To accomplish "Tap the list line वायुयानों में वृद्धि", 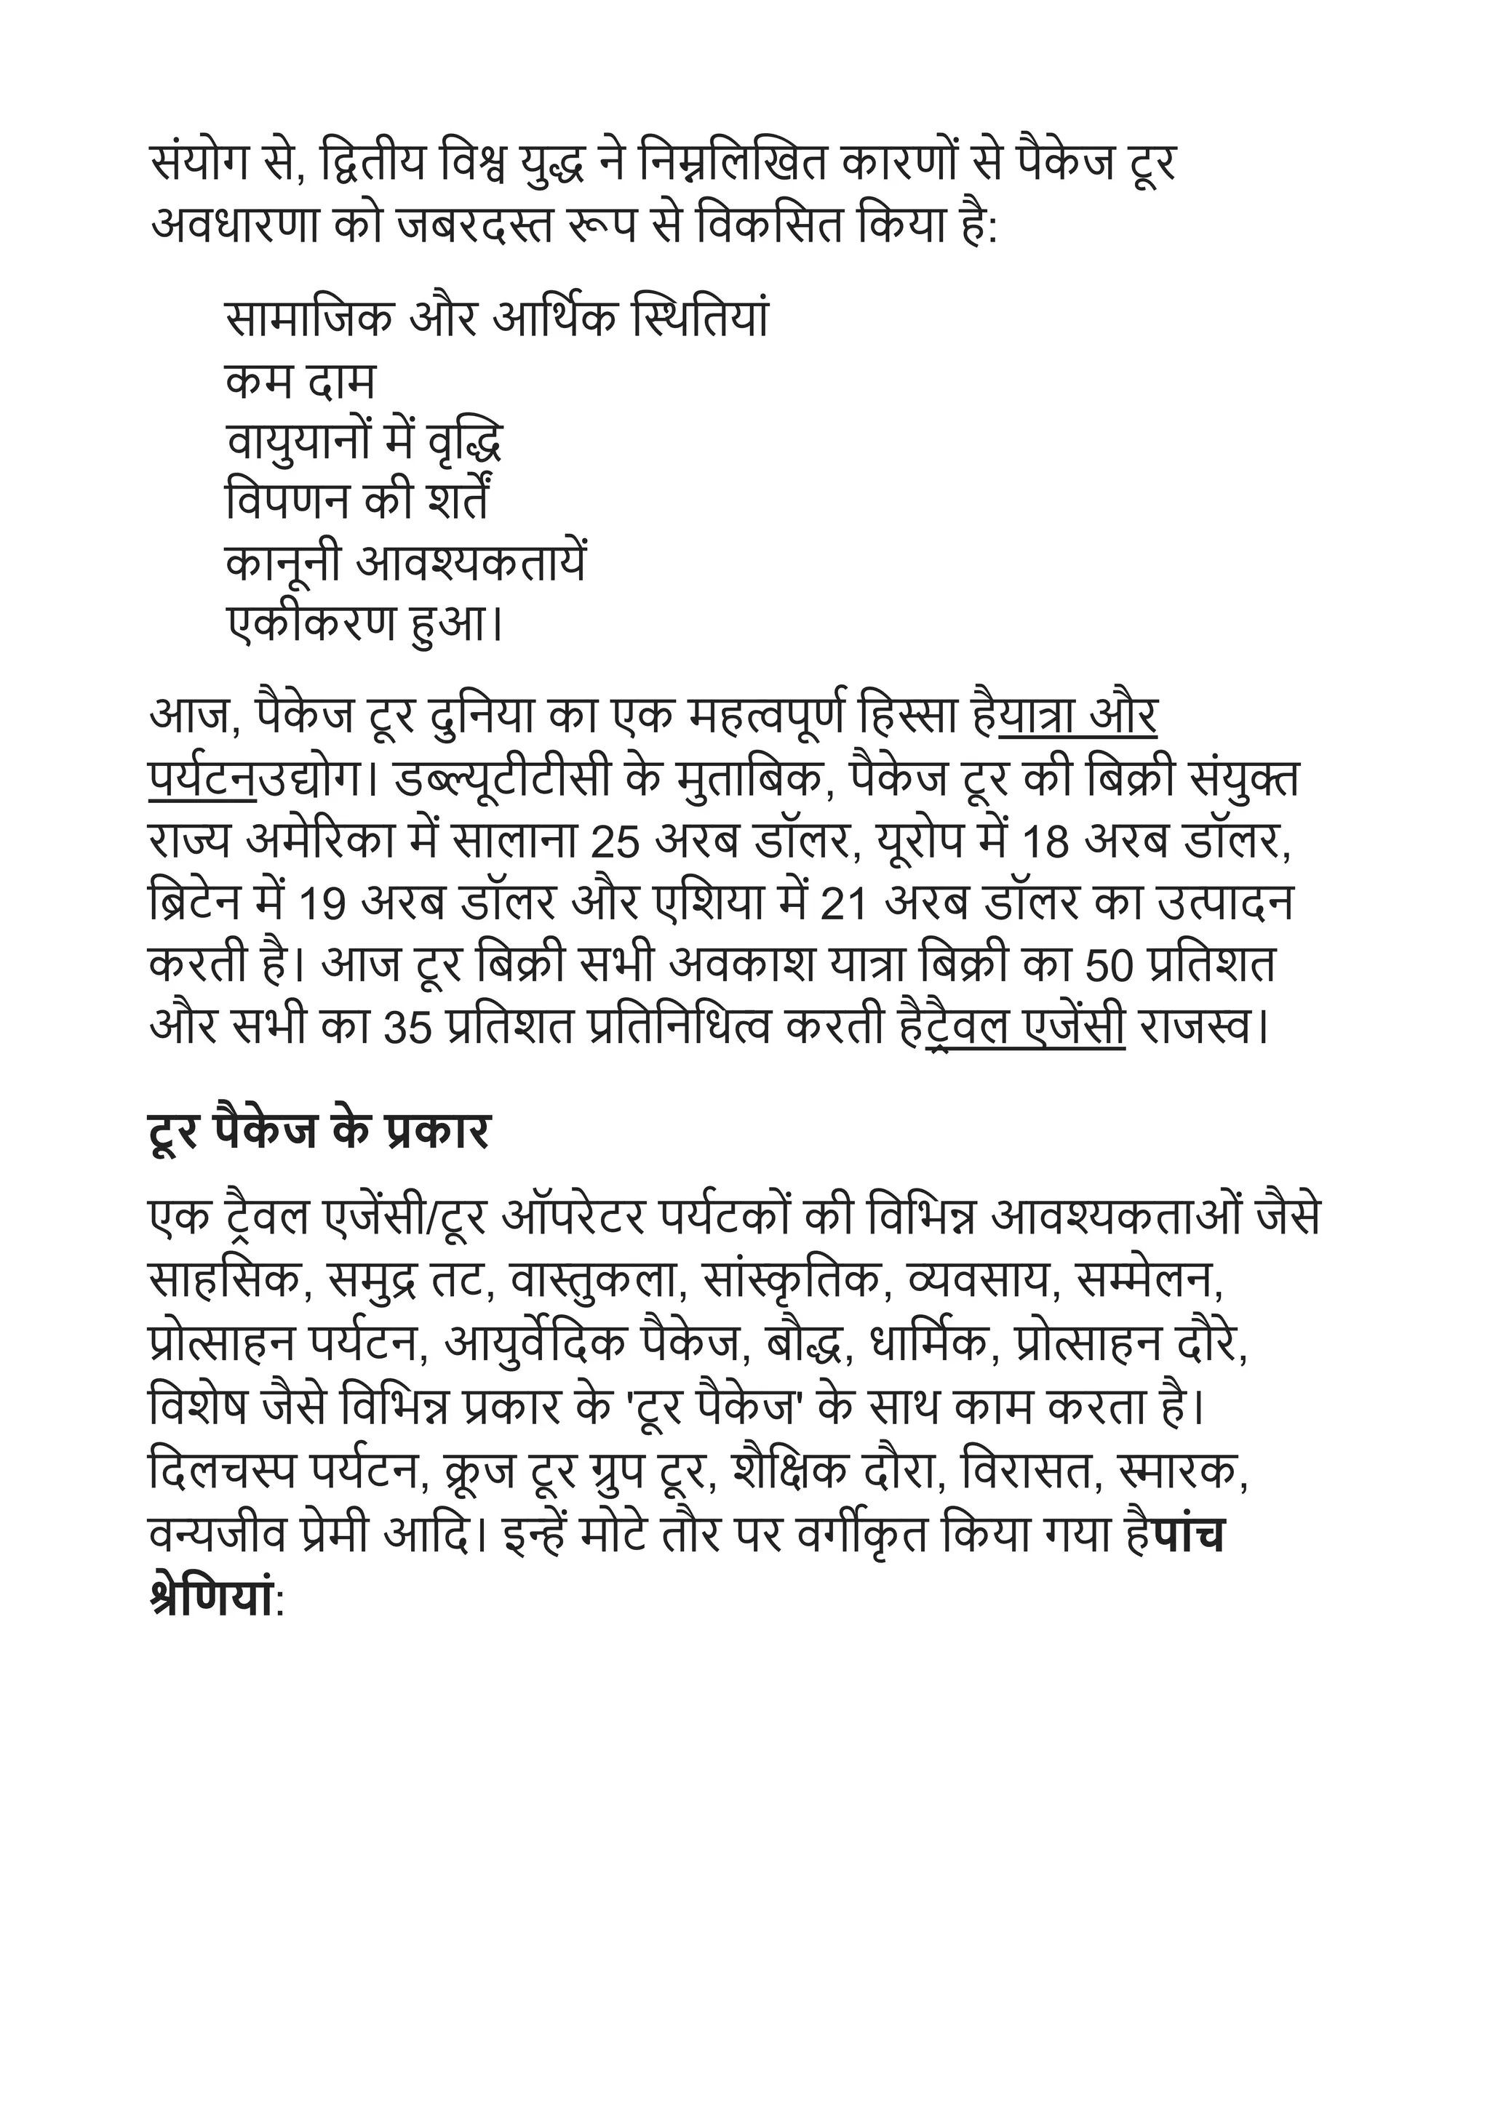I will (364, 444).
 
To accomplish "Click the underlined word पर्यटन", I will (202, 782).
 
